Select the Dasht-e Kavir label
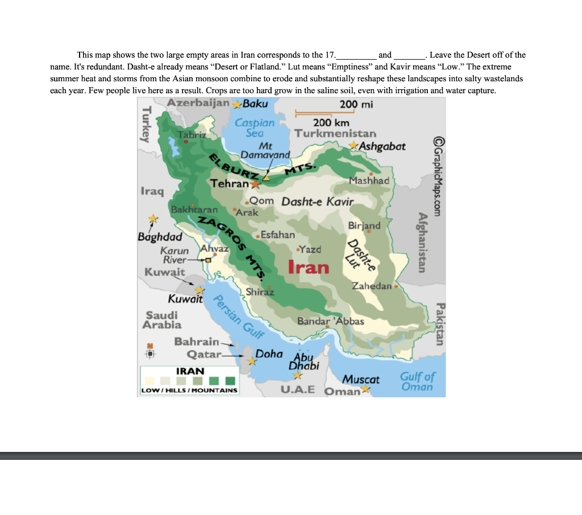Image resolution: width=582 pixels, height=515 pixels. pyautogui.click(x=317, y=202)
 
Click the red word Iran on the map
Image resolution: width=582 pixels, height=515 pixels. pyautogui.click(x=309, y=267)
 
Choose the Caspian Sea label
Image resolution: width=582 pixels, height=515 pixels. pyautogui.click(x=255, y=128)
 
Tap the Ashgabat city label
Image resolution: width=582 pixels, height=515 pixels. pyautogui.click(x=382, y=146)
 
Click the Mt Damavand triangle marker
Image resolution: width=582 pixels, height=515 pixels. pyautogui.click(x=265, y=178)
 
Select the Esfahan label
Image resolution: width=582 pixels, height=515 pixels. pyautogui.click(x=277, y=234)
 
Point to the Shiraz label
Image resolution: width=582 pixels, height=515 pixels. pyautogui.click(x=260, y=292)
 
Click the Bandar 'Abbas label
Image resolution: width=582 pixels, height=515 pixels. pyautogui.click(x=330, y=321)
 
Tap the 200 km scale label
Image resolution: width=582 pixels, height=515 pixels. pyautogui.click(x=331, y=123)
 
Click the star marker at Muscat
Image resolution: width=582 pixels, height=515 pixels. pyautogui.click(x=366, y=389)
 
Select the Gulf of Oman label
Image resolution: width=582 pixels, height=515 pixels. pyautogui.click(x=417, y=381)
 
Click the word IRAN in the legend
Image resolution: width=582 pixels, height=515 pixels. pyautogui.click(x=190, y=371)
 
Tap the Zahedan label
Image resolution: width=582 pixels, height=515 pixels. pyautogui.click(x=372, y=286)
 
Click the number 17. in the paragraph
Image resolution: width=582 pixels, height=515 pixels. pyautogui.click(x=330, y=55)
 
